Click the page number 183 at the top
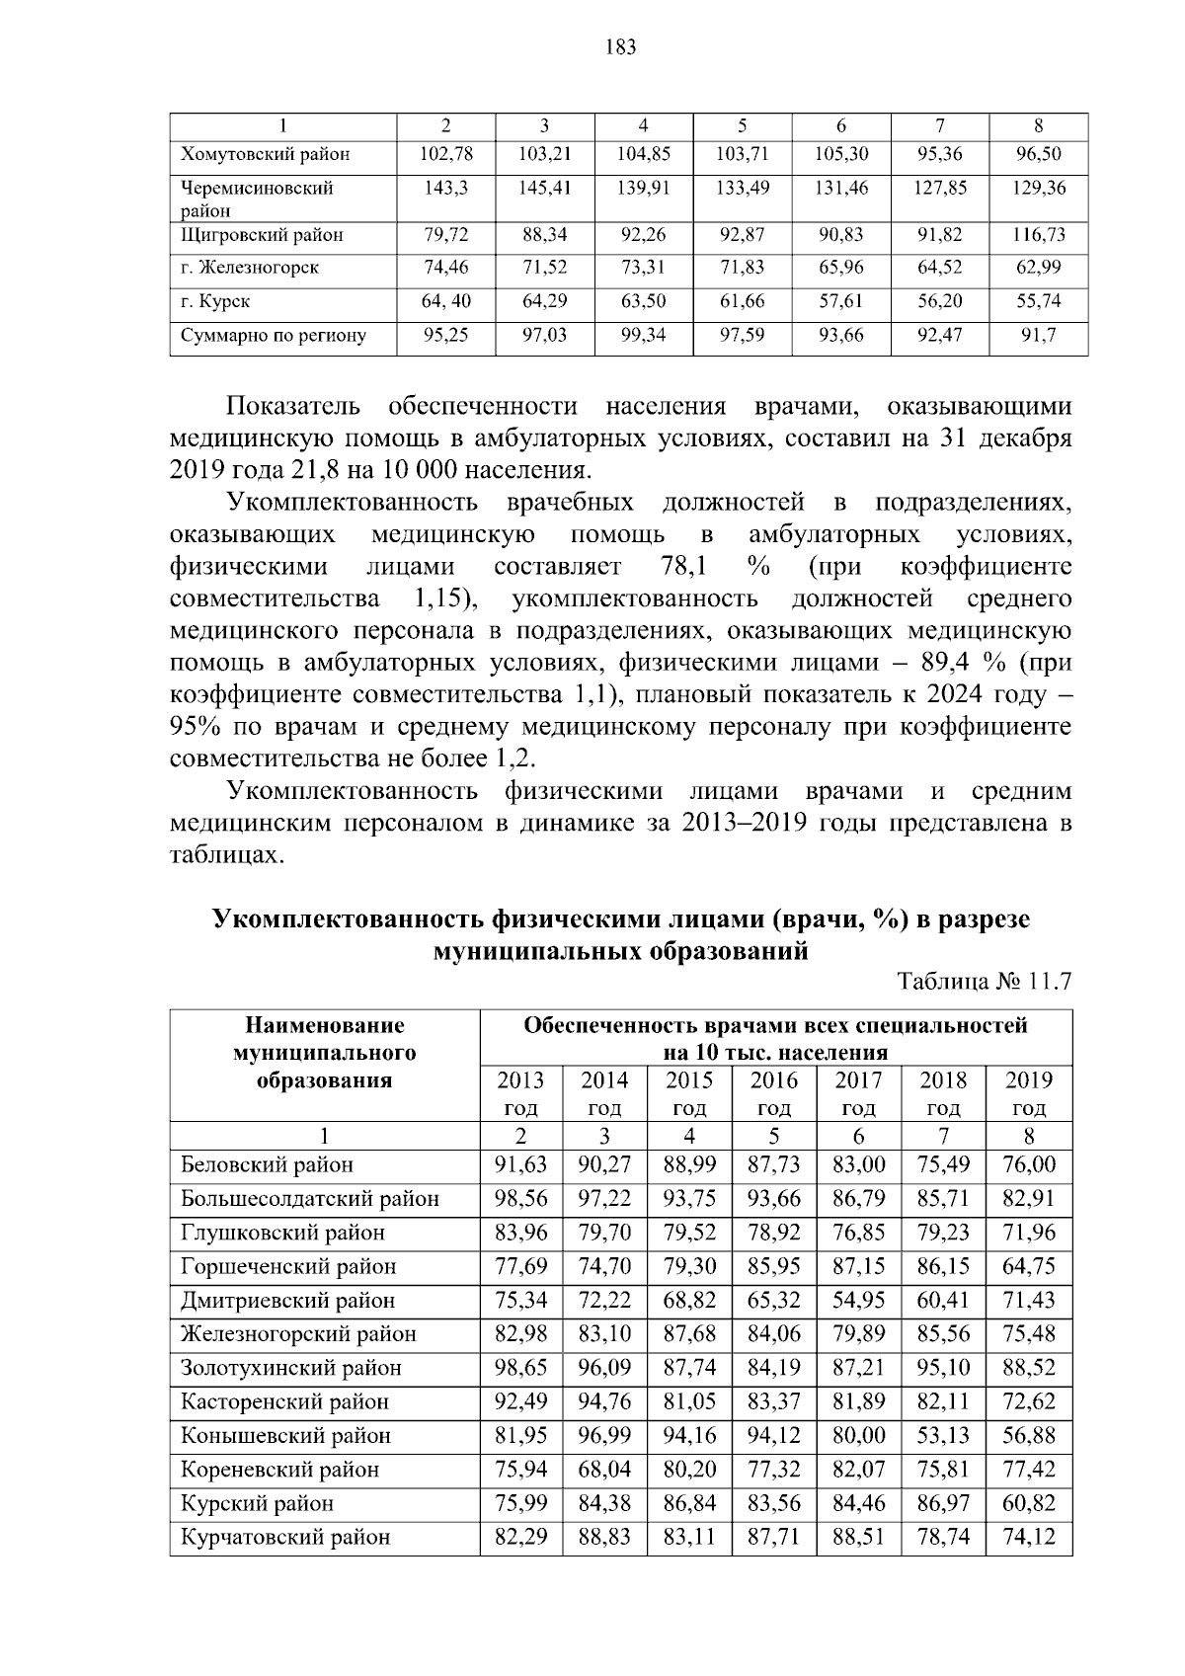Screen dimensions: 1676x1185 tap(621, 46)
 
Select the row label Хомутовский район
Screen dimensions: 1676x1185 tap(265, 154)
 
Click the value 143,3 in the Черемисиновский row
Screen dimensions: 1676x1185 tap(445, 188)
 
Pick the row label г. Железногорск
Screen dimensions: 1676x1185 tap(250, 268)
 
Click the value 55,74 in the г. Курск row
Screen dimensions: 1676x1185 tap(1039, 301)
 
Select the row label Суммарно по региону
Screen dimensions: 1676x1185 tap(274, 335)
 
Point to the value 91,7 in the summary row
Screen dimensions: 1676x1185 tap(1039, 335)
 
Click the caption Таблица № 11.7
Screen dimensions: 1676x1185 tap(984, 982)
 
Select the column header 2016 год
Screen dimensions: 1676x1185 tap(773, 1093)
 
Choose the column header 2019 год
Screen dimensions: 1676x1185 tap(1029, 1093)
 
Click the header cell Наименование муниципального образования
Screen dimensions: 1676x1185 tap(324, 1053)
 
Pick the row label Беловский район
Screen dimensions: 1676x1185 tap(267, 1165)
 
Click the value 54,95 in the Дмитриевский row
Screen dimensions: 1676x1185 tap(858, 1301)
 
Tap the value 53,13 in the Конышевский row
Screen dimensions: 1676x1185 tap(943, 1436)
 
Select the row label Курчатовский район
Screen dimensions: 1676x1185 tap(285, 1538)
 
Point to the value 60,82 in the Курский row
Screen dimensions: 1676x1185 tap(1029, 1504)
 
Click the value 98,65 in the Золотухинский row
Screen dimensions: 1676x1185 tap(520, 1369)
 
